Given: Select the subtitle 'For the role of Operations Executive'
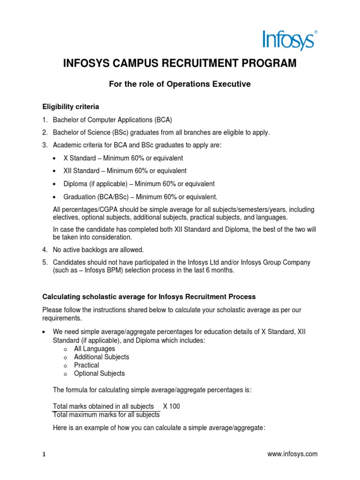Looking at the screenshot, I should point(180,84).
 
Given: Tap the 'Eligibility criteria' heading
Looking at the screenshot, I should point(70,107).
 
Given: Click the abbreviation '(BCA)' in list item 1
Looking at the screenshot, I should point(161,120).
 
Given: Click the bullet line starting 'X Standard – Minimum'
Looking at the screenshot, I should point(119,158).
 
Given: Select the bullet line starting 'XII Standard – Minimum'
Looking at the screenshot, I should point(121,171).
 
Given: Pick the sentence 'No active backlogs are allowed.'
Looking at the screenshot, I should point(98,249).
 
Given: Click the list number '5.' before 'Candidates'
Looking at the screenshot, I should point(45,262).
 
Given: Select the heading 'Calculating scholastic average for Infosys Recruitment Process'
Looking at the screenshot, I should point(149,297).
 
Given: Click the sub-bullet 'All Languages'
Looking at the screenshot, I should point(94,349).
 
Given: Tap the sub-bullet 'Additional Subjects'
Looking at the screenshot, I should point(101,357).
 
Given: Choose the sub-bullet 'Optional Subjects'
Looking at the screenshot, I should point(99,374).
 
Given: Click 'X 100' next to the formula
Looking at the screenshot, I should point(171,406).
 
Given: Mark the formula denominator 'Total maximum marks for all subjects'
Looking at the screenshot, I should point(106,415).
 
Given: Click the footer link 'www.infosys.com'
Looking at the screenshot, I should point(292,454).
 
